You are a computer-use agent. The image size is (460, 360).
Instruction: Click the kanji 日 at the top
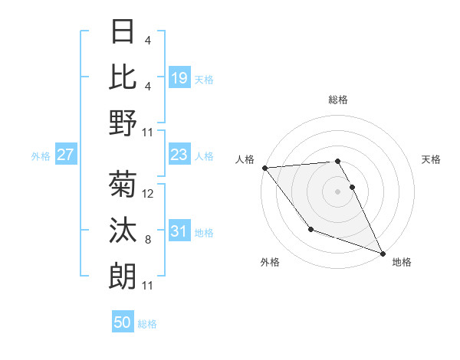coord(123,33)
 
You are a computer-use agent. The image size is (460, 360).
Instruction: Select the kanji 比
coord(123,77)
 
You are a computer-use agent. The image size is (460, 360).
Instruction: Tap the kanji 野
coord(123,123)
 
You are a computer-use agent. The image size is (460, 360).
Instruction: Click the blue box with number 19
coord(179,77)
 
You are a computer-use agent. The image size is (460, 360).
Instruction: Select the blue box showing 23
coord(179,155)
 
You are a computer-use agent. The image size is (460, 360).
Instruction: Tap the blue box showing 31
coord(179,231)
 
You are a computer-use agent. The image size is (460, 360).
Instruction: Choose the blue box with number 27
coord(66,155)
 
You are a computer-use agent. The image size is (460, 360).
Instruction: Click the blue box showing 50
coord(123,322)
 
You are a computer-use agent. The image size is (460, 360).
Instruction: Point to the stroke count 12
coord(149,194)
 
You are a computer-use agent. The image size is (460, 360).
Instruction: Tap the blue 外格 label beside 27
coord(41,155)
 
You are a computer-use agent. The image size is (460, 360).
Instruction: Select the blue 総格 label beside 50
coord(147,323)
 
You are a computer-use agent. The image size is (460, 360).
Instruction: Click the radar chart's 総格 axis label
coord(338,100)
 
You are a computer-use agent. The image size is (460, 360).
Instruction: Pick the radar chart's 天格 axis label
coord(432,159)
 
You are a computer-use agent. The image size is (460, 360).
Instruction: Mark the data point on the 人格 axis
coord(264,168)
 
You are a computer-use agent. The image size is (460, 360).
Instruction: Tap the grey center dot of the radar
coord(338,191)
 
